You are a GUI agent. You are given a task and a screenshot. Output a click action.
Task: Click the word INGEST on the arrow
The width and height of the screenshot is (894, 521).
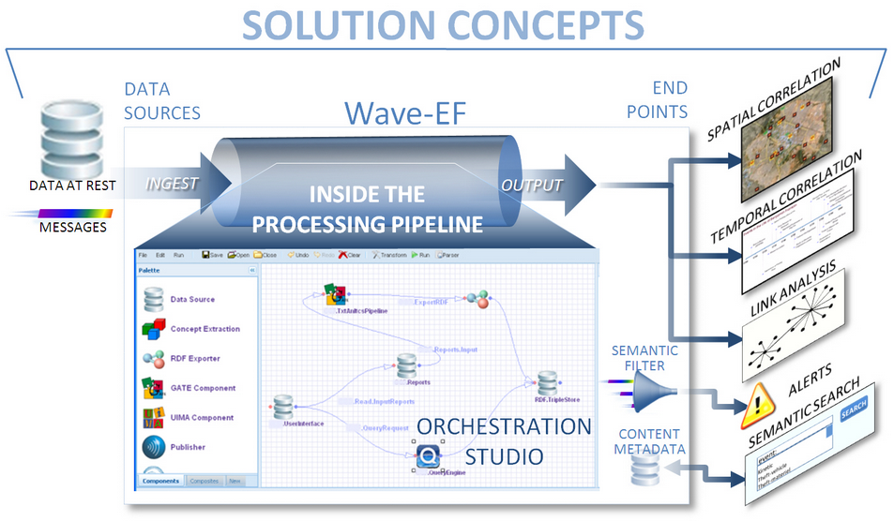point(173,183)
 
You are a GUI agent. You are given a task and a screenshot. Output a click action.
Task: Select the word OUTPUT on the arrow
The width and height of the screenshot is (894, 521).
point(532,185)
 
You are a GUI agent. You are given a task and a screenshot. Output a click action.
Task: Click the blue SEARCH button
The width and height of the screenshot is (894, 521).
point(853,409)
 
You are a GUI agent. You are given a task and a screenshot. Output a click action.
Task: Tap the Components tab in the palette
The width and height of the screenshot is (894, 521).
point(161,481)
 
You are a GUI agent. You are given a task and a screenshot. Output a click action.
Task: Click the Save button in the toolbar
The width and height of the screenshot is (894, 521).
point(211,254)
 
